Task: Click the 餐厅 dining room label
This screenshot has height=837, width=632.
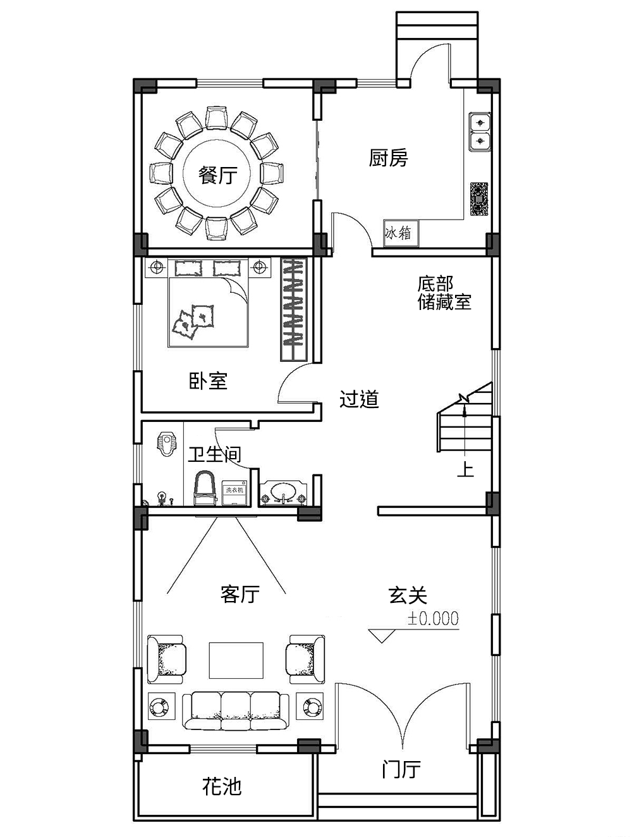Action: click(218, 175)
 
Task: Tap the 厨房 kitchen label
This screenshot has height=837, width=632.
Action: click(388, 158)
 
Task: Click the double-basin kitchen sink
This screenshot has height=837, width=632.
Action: click(480, 132)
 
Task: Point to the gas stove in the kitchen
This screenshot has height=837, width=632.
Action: click(480, 199)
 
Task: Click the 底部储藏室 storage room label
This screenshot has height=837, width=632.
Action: click(444, 293)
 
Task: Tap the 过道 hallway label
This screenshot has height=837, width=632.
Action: click(359, 399)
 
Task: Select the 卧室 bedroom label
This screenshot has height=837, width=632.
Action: click(208, 381)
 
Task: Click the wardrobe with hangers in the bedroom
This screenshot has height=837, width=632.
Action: click(293, 309)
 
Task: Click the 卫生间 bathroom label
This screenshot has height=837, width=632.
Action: click(214, 454)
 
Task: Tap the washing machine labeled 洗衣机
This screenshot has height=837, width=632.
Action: click(234, 494)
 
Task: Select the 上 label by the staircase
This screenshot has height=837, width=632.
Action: click(465, 470)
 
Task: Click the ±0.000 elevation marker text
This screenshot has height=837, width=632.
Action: click(433, 619)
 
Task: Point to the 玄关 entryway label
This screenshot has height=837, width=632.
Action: click(408, 595)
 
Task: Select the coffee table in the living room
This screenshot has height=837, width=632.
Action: click(236, 660)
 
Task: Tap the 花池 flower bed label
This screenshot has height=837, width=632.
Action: click(222, 786)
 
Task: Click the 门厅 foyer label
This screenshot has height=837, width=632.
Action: click(401, 770)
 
